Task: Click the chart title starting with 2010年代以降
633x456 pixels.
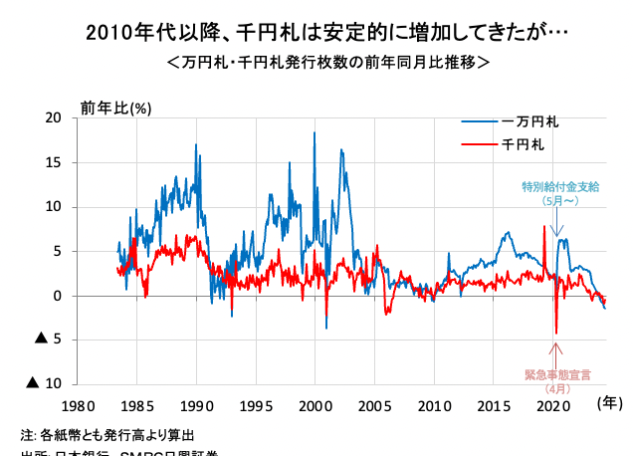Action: tap(316, 33)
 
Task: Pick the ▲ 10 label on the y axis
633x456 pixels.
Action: tap(47, 383)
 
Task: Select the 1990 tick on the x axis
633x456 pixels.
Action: tap(196, 406)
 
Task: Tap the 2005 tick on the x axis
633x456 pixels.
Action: tap(374, 406)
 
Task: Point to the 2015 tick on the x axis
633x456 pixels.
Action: tap(493, 406)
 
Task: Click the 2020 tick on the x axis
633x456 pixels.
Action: tap(552, 406)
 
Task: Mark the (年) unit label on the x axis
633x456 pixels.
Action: tap(609, 402)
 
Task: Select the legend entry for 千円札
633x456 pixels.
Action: tap(524, 144)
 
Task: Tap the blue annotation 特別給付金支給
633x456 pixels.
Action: tap(560, 186)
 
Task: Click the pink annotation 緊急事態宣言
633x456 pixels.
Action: tap(557, 374)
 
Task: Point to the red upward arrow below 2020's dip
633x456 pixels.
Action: tap(556, 353)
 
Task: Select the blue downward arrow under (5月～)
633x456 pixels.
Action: tap(557, 225)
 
